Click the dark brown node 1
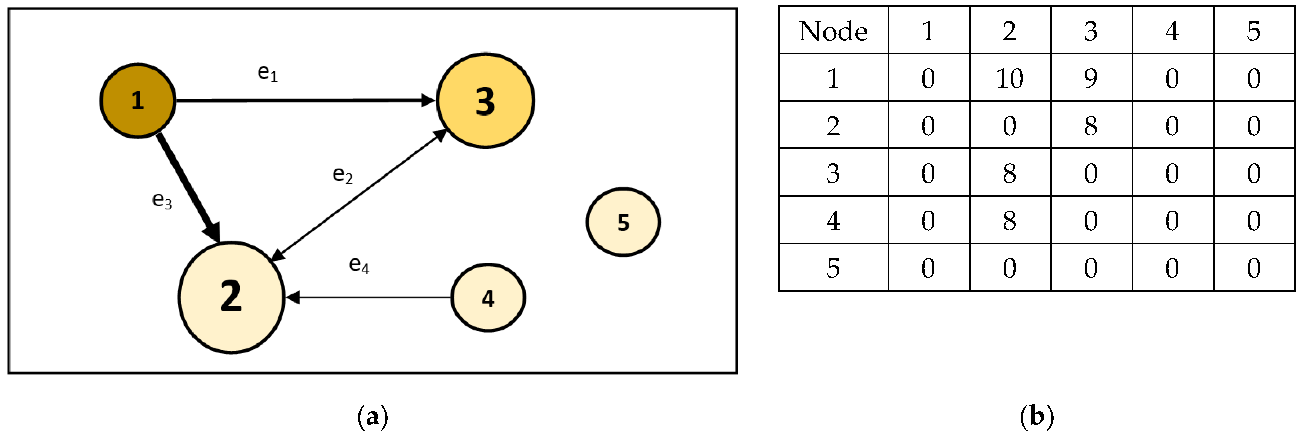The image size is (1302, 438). tap(138, 101)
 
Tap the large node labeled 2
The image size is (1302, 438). tap(231, 297)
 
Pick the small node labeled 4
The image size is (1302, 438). tap(488, 297)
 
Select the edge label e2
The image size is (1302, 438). tap(342, 175)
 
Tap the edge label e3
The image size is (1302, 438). tap(162, 200)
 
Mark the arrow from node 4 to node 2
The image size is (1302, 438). tap(369, 297)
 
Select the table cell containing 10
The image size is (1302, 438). tap(1009, 78)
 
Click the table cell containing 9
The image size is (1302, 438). tap(1091, 78)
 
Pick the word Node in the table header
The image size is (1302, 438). tap(833, 31)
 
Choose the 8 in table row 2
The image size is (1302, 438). tap(1091, 126)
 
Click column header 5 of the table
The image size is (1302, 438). tap(1254, 31)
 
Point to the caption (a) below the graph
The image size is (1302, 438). tap(372, 417)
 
